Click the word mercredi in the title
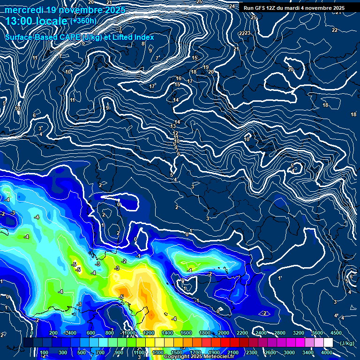[x=24, y=10]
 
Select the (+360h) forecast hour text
[x=83, y=21]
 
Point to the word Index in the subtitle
[x=142, y=37]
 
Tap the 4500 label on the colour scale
[x=336, y=333]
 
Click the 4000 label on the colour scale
[x=327, y=352]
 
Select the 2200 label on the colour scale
[x=242, y=333]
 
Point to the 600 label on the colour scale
[x=91, y=333]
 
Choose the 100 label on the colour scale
[x=45, y=352]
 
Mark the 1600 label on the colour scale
[x=186, y=333]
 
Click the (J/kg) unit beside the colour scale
[x=347, y=343]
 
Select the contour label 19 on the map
[x=205, y=67]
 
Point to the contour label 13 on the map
[x=173, y=126]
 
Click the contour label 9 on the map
[x=107, y=108]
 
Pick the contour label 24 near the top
[x=232, y=6]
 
